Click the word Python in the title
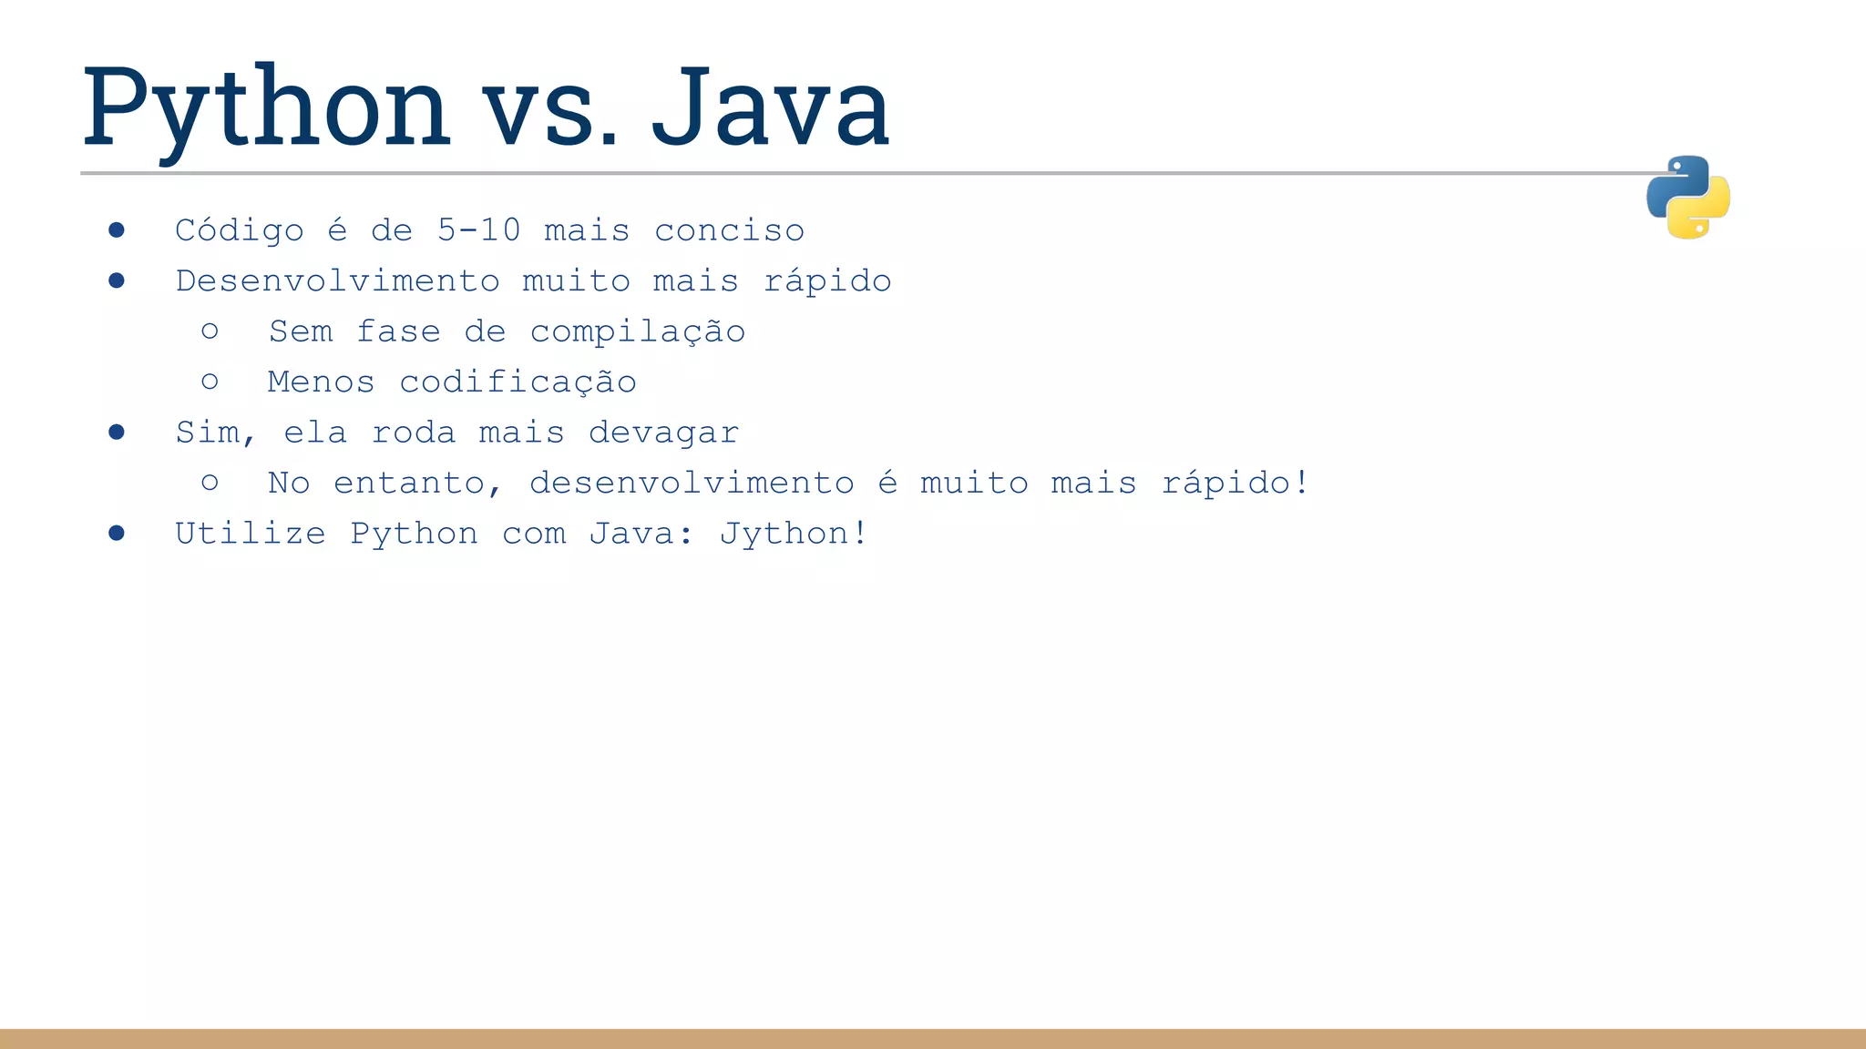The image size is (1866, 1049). click(x=266, y=109)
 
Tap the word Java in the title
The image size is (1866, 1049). click(x=770, y=109)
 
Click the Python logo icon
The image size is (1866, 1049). click(x=1687, y=198)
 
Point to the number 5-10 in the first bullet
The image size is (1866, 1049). click(x=478, y=229)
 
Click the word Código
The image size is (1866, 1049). click(x=240, y=231)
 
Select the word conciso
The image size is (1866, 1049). click(x=729, y=230)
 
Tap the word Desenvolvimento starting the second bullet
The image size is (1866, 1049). click(x=338, y=280)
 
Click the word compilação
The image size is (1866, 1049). click(x=638, y=332)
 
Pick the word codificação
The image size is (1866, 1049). click(x=518, y=382)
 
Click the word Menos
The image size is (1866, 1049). click(x=321, y=382)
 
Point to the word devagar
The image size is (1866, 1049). click(x=663, y=433)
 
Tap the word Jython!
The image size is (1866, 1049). click(x=793, y=534)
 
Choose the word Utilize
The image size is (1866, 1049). click(x=250, y=533)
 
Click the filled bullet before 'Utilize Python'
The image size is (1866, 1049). click(x=117, y=533)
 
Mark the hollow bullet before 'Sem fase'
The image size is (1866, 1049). click(x=210, y=331)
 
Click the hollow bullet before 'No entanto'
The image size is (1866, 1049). click(x=210, y=482)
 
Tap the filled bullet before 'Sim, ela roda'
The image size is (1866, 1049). click(x=117, y=432)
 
